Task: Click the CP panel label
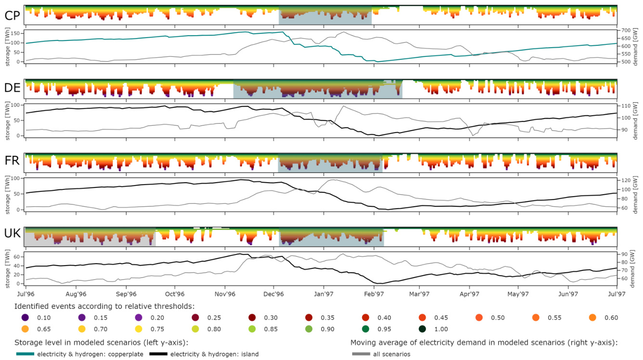[x=12, y=15]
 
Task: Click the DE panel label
[x=12, y=88]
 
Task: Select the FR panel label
[x=12, y=161]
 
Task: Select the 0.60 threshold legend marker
[x=592, y=318]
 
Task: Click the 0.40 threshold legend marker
[x=366, y=318]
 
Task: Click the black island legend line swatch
[x=140, y=354]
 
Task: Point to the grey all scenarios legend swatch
[x=360, y=354]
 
